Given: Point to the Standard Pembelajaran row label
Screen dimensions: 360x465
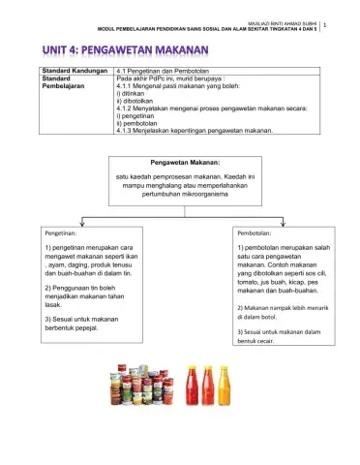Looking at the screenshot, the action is (x=65, y=83).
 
